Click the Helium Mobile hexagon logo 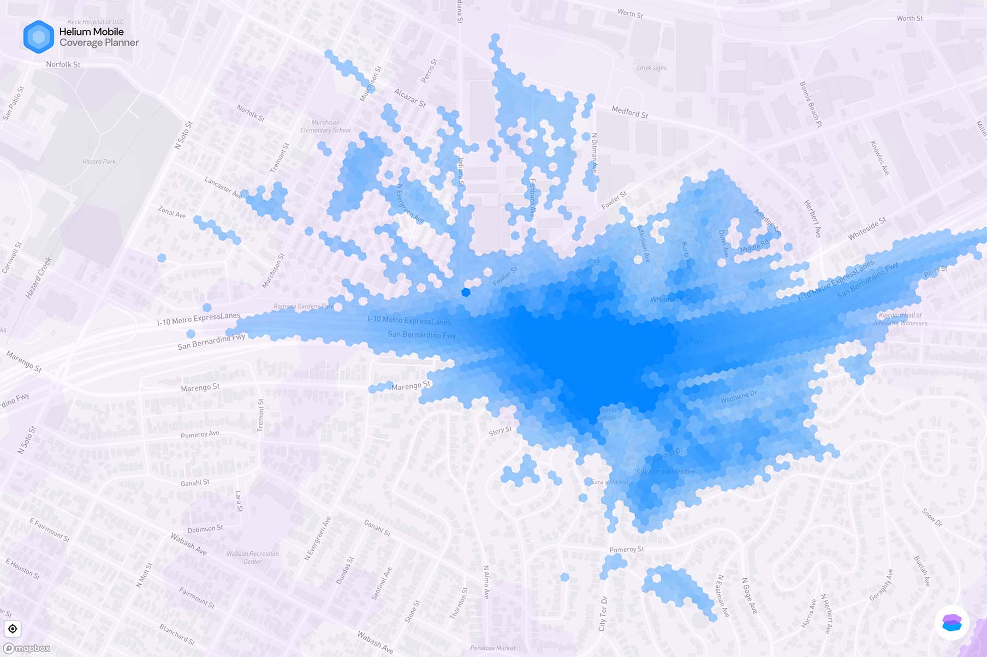pos(39,37)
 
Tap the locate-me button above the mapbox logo pos(13,629)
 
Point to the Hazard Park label pos(99,162)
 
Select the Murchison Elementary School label pos(325,127)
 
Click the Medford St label pos(630,112)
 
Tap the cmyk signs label pos(651,68)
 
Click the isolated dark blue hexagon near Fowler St pos(466,292)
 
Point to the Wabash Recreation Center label pos(252,557)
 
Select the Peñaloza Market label pos(492,648)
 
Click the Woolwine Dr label pos(739,397)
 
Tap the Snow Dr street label pos(932,517)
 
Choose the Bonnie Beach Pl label pos(811,104)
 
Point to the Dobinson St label pos(205,529)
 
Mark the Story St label pos(500,431)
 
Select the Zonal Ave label pos(172,212)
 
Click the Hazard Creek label pos(38,278)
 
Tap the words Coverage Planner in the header pos(99,43)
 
